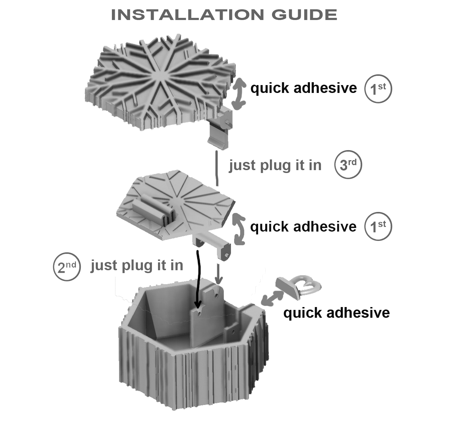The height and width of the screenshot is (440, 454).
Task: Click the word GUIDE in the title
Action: [x=304, y=15]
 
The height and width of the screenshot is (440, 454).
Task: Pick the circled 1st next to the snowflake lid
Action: [x=378, y=89]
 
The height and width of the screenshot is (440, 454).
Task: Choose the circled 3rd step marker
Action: [x=348, y=165]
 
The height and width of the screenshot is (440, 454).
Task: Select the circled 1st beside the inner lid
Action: [x=378, y=227]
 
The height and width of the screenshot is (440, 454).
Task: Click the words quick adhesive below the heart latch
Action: [x=336, y=313]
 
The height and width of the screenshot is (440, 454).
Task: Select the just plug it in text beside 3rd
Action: [x=275, y=165]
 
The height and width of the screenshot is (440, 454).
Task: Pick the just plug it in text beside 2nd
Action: [x=137, y=266]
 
